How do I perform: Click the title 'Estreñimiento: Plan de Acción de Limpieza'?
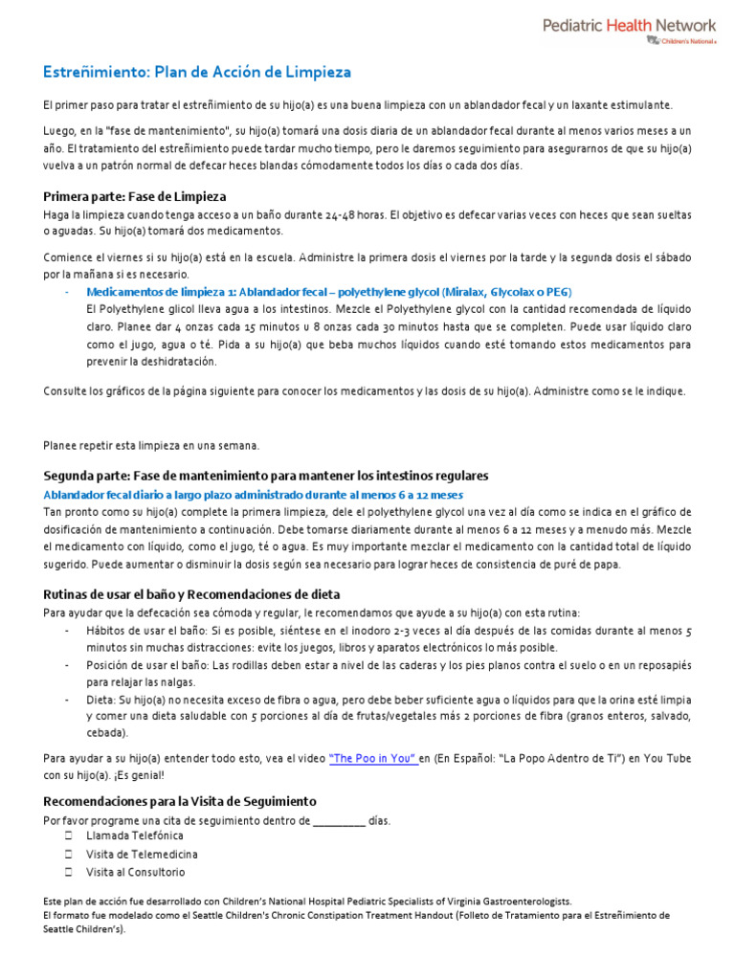coord(197,72)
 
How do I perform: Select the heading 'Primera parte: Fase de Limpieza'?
coord(135,196)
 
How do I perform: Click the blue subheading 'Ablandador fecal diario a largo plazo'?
coord(254,495)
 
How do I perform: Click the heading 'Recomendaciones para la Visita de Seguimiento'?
coord(180,800)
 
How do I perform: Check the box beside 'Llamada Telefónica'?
coord(69,835)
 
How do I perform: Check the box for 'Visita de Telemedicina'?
coord(69,854)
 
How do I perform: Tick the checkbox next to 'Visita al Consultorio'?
coord(69,872)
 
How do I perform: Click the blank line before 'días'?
coord(339,821)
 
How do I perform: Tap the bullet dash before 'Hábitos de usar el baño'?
coord(67,631)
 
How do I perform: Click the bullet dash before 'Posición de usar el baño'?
coord(67,664)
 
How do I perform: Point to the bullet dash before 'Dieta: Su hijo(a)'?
coord(67,699)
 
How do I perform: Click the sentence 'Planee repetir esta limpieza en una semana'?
coord(151,445)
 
